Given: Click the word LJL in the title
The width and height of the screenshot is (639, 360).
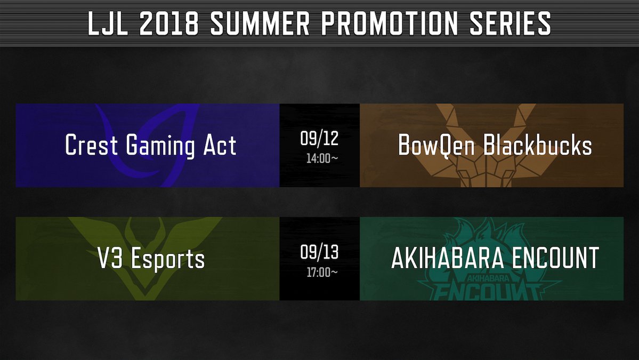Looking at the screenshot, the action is pos(108,23).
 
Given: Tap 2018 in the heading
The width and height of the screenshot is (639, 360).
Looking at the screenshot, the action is pos(169,23).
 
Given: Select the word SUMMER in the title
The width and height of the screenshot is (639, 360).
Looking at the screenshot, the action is pos(260,23).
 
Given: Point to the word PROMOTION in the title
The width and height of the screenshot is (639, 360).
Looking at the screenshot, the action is pos(389,23).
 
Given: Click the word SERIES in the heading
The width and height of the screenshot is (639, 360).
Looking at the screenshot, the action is pos(510,23).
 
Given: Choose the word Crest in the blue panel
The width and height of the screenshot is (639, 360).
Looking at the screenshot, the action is pos(92,145).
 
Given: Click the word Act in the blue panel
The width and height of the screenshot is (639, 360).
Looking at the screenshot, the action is pos(220,145).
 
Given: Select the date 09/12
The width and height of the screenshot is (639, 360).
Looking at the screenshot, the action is pos(320,139).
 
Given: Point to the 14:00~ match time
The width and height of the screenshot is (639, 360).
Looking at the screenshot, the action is pos(322,158).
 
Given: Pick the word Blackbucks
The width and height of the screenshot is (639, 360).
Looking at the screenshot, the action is pos(538,145).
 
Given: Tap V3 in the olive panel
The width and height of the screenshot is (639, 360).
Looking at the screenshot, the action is pos(110,259).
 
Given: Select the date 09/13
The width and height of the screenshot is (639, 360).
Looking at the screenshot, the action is pos(320,252).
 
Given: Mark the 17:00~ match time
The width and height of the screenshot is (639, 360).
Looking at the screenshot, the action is pos(322,273).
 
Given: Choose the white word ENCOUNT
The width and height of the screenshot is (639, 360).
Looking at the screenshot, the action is pos(555,258).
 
